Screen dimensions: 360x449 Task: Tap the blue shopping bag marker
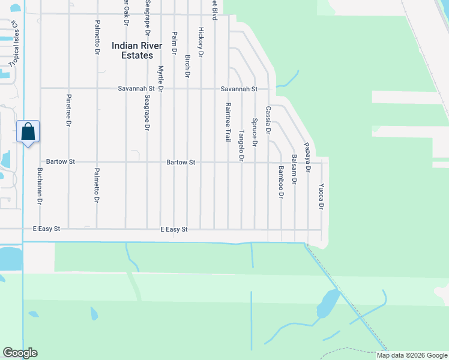click(28, 131)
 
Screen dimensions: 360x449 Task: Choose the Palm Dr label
click(174, 43)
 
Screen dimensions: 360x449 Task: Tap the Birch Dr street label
click(187, 66)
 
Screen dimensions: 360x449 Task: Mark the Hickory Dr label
click(201, 41)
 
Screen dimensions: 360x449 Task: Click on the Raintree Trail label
click(228, 122)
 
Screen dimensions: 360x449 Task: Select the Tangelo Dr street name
click(241, 145)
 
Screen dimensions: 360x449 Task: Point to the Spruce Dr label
click(255, 133)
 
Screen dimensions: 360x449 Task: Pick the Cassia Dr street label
click(268, 120)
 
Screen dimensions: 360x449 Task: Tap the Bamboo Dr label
click(280, 182)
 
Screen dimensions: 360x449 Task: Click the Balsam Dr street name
click(294, 169)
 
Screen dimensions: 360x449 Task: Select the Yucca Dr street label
click(321, 196)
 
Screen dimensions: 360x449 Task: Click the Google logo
click(20, 353)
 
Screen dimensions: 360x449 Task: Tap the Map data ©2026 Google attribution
click(412, 355)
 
